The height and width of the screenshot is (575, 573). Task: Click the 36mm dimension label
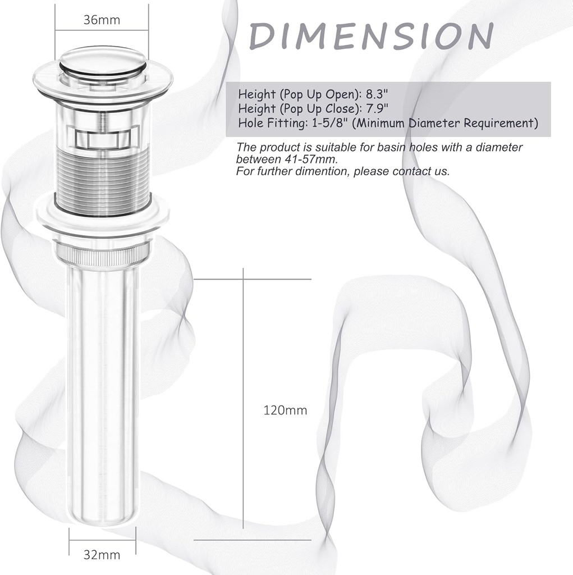point(102,20)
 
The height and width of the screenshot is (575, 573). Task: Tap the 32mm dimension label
point(102,555)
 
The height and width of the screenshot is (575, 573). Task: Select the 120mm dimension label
point(285,410)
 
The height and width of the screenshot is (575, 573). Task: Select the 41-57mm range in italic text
point(310,159)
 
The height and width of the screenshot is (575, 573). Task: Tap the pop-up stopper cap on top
point(102,61)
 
